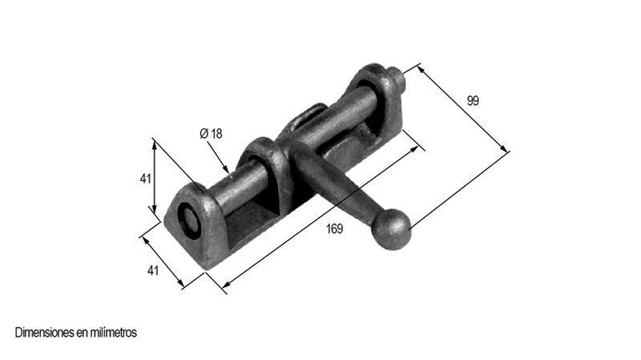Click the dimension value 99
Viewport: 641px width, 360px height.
point(473,101)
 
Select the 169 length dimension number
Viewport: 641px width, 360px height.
point(334,229)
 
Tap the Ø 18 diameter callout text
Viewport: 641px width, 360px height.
point(211,134)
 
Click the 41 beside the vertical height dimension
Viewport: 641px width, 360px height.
point(146,179)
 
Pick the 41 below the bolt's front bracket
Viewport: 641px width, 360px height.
point(152,270)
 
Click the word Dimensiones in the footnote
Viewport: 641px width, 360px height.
point(45,333)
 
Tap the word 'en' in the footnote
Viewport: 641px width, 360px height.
point(82,334)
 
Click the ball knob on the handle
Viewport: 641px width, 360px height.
point(391,229)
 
